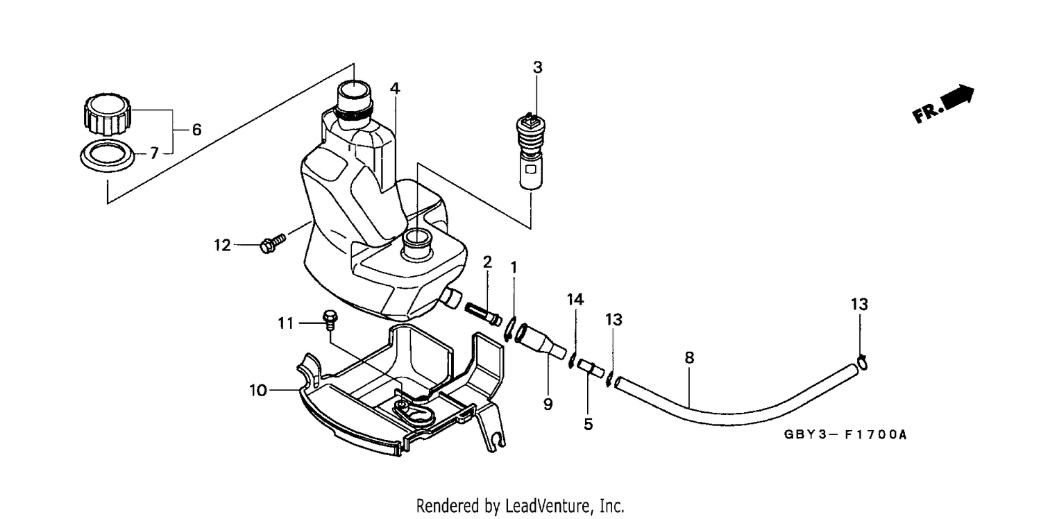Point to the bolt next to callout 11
point(330,320)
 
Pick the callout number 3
point(537,67)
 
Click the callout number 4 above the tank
point(395,88)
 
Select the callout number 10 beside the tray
point(258,391)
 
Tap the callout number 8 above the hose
point(689,358)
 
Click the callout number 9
point(548,405)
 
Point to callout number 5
point(589,424)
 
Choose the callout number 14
point(575,300)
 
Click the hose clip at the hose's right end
point(862,362)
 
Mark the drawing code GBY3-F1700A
point(845,435)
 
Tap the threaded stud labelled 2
point(483,314)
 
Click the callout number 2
point(487,262)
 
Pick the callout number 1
point(514,268)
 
